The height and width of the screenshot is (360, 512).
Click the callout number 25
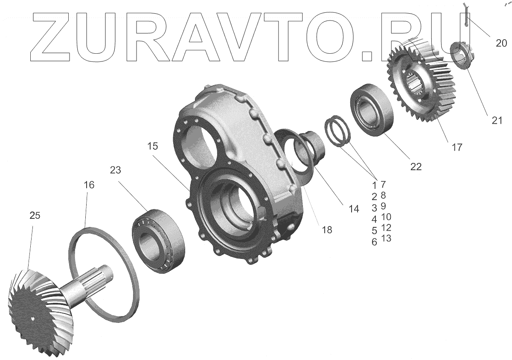point(35,216)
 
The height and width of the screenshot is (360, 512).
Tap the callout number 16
point(89,185)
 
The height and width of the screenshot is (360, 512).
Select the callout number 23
point(115,170)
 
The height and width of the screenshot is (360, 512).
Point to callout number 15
point(152,146)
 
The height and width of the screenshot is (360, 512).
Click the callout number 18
point(327,230)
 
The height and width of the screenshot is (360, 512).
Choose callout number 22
point(416,167)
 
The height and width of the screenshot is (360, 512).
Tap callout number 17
point(457,147)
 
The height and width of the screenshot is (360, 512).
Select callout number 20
point(501,43)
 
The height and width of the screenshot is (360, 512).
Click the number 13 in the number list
point(386,238)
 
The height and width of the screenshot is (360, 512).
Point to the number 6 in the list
point(374,242)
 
